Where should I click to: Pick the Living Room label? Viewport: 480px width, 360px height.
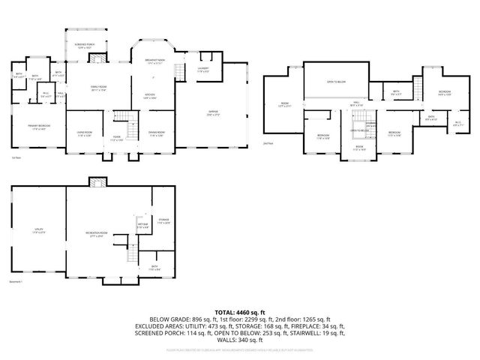pyautogui.click(x=84, y=133)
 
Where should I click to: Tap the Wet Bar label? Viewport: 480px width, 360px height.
pyautogui.click(x=142, y=226)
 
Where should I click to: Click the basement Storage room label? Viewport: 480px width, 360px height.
pyautogui.click(x=163, y=221)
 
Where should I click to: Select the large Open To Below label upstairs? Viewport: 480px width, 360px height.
pyautogui.click(x=334, y=81)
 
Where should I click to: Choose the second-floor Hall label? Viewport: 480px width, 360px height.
pyautogui.click(x=358, y=103)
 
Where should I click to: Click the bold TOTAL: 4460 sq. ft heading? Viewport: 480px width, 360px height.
pyautogui.click(x=240, y=312)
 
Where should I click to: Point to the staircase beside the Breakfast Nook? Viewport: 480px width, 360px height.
pyautogui.click(x=178, y=72)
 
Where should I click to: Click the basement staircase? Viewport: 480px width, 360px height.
pyautogui.click(x=130, y=250)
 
